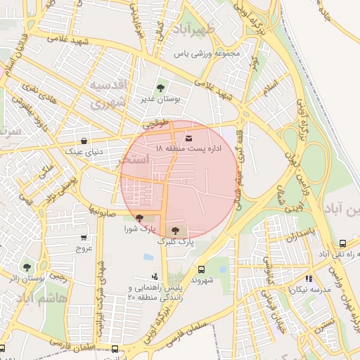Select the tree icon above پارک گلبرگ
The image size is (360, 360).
point(174,230)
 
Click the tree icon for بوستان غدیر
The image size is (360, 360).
point(161,88)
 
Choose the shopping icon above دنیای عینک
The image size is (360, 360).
point(84,140)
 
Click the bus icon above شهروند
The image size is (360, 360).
point(202,269)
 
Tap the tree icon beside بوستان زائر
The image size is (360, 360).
point(27,267)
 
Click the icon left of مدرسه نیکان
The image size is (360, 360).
point(291,290)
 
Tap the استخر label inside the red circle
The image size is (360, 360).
point(135,160)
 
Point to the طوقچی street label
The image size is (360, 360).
point(157,124)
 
